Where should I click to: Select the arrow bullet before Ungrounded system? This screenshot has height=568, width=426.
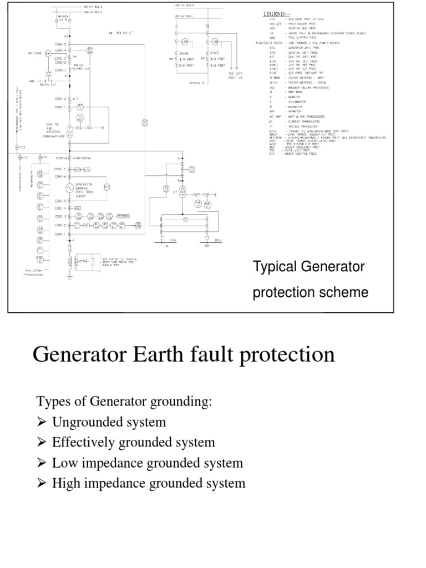coord(42,423)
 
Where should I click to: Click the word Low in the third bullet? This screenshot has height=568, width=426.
coord(64,463)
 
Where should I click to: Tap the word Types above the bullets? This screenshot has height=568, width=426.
coord(52,402)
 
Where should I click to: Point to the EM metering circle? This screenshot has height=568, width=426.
coord(48,53)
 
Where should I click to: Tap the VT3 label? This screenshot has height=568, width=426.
coord(22,147)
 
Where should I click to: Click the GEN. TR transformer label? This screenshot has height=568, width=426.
coord(53,124)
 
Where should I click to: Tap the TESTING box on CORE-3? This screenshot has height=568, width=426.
coord(123,216)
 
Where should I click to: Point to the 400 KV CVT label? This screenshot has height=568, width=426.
coord(39,85)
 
